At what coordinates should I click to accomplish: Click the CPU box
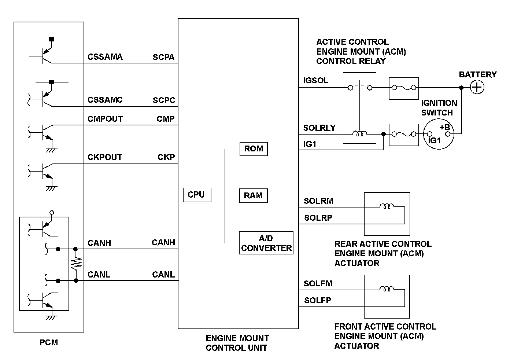pyautogui.click(x=197, y=195)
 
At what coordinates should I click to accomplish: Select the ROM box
pyautogui.click(x=254, y=149)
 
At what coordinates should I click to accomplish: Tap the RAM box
pyautogui.click(x=253, y=196)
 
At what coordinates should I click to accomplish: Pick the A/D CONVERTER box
pyautogui.click(x=266, y=243)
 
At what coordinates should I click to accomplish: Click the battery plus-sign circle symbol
pyautogui.click(x=477, y=87)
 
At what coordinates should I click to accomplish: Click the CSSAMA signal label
pyautogui.click(x=105, y=57)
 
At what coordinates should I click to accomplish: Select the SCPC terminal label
pyautogui.click(x=164, y=100)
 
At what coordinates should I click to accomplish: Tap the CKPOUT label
pyautogui.click(x=104, y=157)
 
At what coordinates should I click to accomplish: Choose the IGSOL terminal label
pyautogui.click(x=315, y=80)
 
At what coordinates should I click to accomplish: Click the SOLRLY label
pyautogui.click(x=319, y=128)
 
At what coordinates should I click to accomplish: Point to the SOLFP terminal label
pyautogui.click(x=318, y=301)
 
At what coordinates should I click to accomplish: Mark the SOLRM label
pyautogui.click(x=318, y=201)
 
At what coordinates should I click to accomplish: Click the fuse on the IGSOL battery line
pyautogui.click(x=404, y=88)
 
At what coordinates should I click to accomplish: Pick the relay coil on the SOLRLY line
pyautogui.click(x=359, y=134)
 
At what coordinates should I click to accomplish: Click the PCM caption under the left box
pyautogui.click(x=49, y=343)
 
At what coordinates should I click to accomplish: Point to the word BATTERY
pyautogui.click(x=478, y=75)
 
